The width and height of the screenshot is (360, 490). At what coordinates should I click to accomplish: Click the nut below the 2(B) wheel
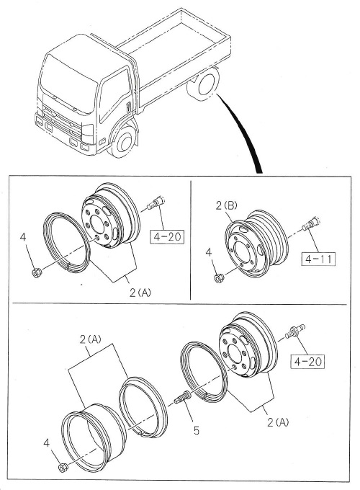[x=219, y=277]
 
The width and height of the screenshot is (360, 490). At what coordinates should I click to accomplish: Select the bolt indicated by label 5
[x=183, y=395]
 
